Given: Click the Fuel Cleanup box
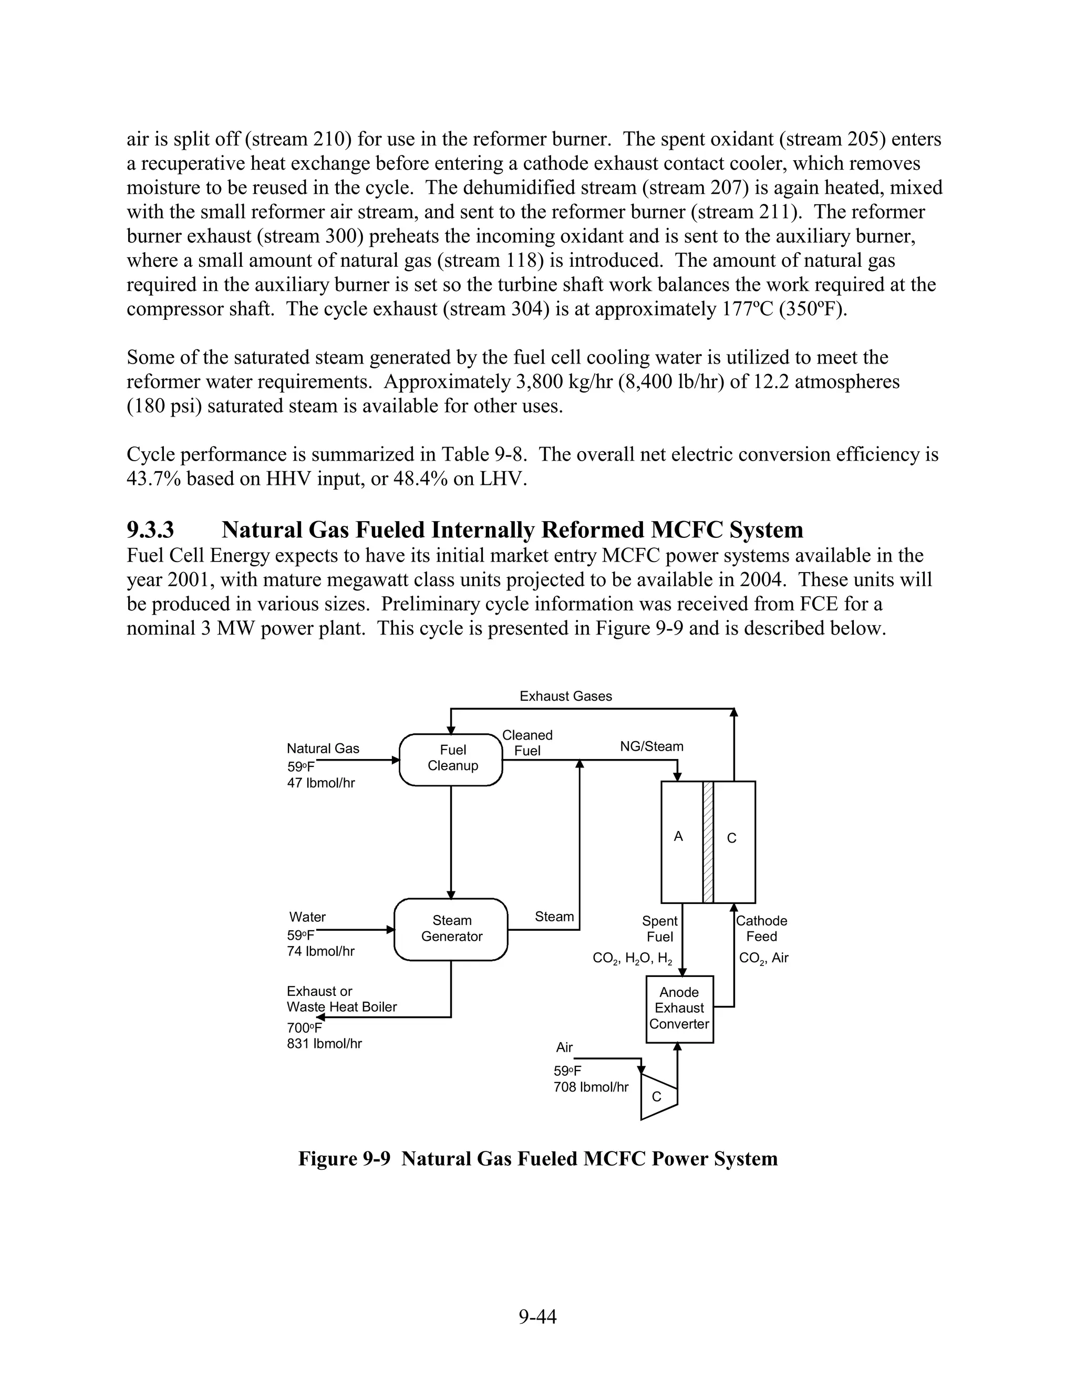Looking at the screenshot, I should point(451,759).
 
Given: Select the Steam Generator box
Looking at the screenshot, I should point(451,929).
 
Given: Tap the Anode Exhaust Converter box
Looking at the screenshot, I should point(679,1009).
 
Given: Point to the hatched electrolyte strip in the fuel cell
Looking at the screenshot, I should point(708,842).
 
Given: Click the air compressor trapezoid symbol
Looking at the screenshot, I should point(658,1096).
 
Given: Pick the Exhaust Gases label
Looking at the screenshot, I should point(565,696).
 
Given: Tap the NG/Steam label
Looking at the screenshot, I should point(651,746).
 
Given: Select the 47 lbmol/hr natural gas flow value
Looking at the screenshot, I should point(320,783).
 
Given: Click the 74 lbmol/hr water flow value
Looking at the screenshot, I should point(320,952).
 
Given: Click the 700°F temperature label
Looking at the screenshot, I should point(305,1028).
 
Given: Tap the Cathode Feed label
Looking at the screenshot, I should point(761,929).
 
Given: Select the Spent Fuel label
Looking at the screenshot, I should point(659,929).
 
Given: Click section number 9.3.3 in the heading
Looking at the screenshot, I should point(150,529).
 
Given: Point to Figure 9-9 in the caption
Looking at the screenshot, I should point(344,1158).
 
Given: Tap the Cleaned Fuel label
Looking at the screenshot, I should point(527,743).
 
